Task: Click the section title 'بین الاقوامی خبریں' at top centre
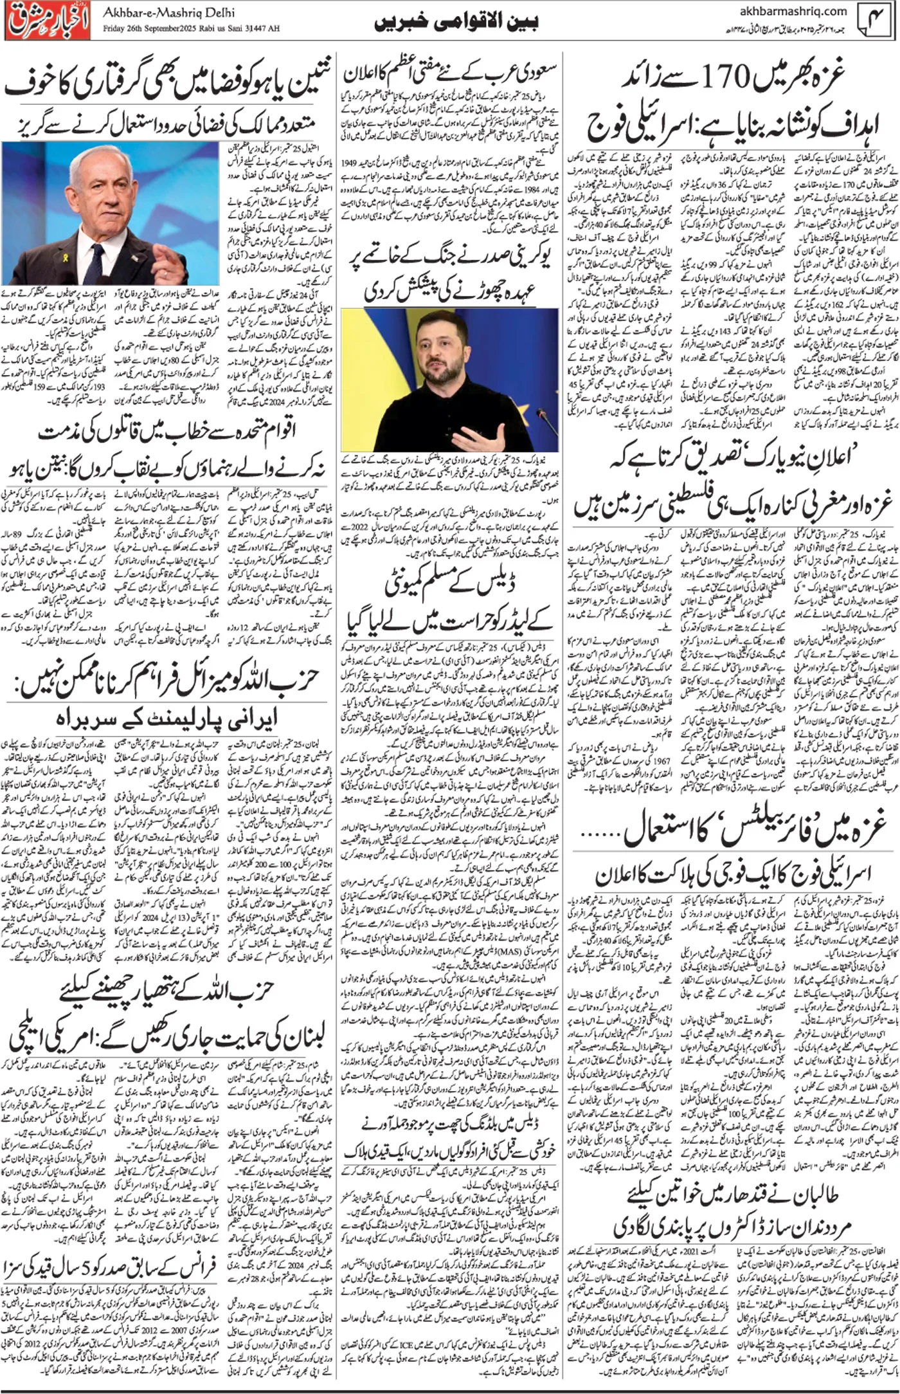tap(456, 22)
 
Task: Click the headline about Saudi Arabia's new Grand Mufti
tap(450, 74)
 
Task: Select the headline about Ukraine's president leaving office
tap(450, 276)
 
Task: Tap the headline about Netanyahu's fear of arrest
tap(168, 86)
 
